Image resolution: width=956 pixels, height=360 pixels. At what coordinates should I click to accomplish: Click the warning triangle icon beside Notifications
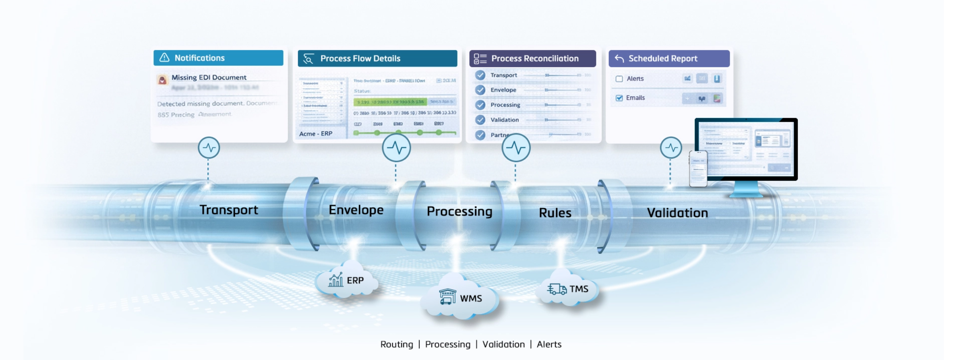coord(164,58)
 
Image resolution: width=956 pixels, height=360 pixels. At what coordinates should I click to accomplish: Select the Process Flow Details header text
coord(360,58)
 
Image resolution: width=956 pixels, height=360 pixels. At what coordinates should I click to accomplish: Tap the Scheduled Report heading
coord(662,58)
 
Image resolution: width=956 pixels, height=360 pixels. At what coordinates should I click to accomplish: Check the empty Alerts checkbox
coord(619,79)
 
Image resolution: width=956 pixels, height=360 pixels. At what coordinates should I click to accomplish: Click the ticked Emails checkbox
coord(619,98)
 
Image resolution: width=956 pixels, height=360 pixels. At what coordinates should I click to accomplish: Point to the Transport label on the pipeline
coord(229,210)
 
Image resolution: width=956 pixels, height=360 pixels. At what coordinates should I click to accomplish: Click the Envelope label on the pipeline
coord(356,210)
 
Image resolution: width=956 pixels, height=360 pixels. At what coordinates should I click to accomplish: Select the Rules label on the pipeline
coord(555,213)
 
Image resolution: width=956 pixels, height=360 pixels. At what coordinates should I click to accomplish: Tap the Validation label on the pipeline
coord(677,213)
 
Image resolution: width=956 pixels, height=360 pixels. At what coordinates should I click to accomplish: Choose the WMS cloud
coord(460,298)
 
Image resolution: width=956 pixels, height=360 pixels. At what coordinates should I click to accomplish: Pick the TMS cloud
coord(568,289)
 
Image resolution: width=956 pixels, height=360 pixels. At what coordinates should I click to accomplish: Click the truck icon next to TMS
coord(557,289)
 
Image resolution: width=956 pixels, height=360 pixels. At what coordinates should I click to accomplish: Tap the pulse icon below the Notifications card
coord(209,148)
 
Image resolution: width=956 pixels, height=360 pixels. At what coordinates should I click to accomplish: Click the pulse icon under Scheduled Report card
coord(671,148)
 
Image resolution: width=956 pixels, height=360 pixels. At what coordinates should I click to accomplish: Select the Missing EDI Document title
coord(209,77)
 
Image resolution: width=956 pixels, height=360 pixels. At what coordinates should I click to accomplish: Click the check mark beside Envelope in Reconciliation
coord(480,90)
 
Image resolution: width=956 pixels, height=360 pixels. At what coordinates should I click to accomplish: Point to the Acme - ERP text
coord(316,134)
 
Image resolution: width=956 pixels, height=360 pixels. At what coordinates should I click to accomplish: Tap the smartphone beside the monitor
coord(698,169)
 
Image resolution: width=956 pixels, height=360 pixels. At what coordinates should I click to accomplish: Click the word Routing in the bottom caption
coord(397,344)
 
